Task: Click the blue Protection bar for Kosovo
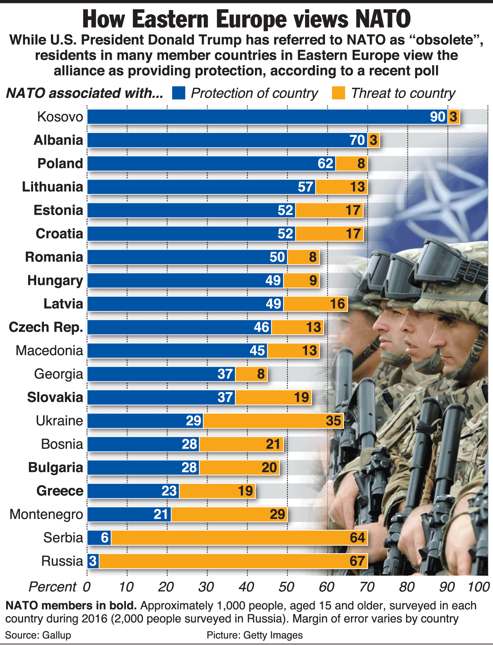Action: pyautogui.click(x=266, y=117)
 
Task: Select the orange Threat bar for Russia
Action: pyautogui.click(x=233, y=561)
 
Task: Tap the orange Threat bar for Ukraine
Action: pyautogui.click(x=273, y=421)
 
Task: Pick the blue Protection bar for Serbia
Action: pyautogui.click(x=99, y=537)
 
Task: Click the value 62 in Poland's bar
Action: pyautogui.click(x=325, y=164)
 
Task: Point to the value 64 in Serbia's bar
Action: pyautogui.click(x=357, y=537)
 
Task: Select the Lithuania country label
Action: pyautogui.click(x=53, y=187)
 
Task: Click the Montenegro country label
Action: pyautogui.click(x=46, y=514)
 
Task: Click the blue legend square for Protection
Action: pyautogui.click(x=179, y=93)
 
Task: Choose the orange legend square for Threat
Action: pyautogui.click(x=339, y=93)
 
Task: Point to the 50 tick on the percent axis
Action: pyautogui.click(x=287, y=587)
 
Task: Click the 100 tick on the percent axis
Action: pyautogui.click(x=478, y=587)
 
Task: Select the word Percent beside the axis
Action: pyautogui.click(x=52, y=587)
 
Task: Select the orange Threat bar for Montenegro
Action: pyautogui.click(x=229, y=514)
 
